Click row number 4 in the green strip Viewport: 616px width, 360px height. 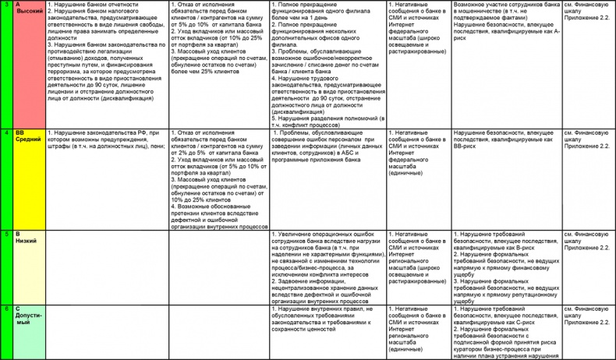pos(6,133)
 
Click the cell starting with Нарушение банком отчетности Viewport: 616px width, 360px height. pos(105,51)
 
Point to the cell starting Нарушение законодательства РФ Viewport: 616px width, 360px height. pos(105,139)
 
